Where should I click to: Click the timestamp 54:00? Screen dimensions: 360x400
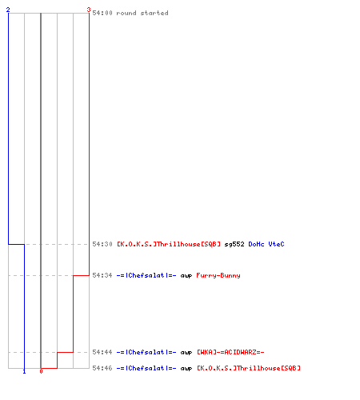tap(102, 13)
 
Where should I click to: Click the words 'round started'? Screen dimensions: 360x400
tap(142, 13)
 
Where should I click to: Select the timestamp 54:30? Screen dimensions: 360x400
tap(102, 244)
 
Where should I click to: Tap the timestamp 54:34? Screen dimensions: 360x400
tap(102, 275)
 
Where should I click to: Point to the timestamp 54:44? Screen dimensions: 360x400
tap(102, 352)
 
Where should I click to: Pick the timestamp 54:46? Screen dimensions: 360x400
tap(102, 368)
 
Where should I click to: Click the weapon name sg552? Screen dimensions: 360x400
tap(234, 244)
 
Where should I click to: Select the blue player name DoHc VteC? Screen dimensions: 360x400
tap(266, 244)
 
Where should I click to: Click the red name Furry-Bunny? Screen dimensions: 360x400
tap(218, 275)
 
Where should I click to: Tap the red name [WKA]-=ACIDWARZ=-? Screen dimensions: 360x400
tap(230, 352)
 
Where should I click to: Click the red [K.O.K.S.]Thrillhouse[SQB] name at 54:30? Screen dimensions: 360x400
tap(169, 244)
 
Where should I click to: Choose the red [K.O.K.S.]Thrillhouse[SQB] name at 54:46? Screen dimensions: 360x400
tap(249, 368)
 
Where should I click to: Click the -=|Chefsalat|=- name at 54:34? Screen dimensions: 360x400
tap(146, 275)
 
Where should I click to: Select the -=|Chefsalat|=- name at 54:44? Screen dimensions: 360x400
tap(146, 352)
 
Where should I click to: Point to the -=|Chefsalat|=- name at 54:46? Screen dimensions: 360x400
tap(146, 368)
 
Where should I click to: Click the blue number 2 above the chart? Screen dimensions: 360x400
tap(8, 10)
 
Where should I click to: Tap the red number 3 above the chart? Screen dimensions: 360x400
tap(89, 10)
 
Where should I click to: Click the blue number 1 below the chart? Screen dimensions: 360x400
tap(24, 371)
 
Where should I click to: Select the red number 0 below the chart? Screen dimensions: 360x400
tap(41, 371)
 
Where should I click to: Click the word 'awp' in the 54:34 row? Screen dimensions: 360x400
tap(186, 276)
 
